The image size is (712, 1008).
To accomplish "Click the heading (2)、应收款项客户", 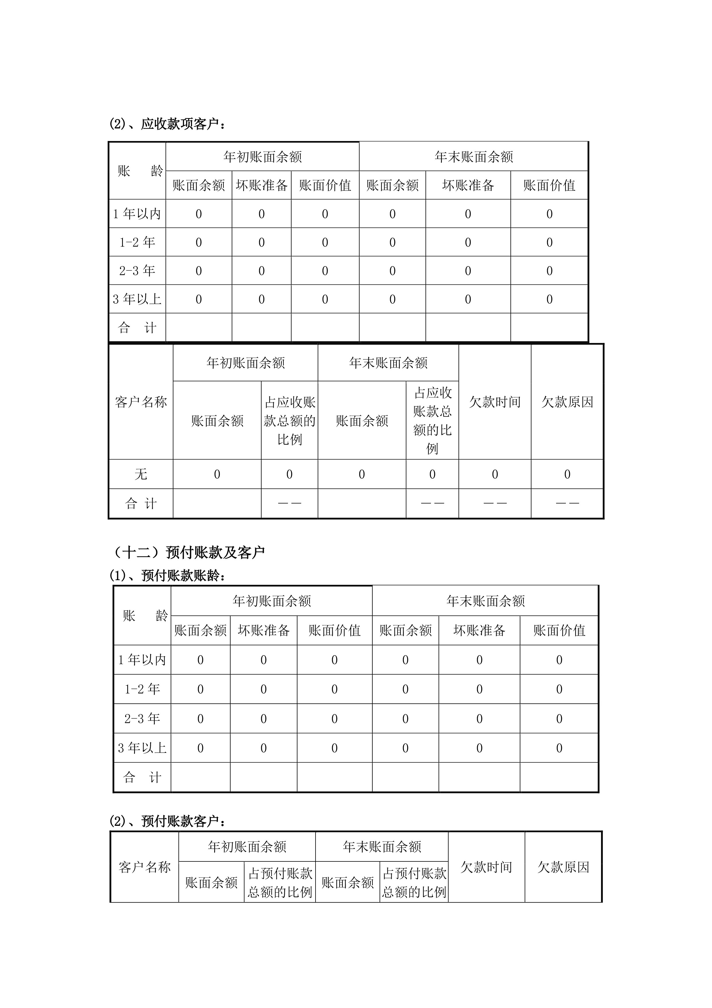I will click(x=168, y=124).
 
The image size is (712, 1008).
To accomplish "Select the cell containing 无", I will click(x=141, y=474).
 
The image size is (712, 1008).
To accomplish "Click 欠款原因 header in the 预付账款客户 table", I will click(x=563, y=867).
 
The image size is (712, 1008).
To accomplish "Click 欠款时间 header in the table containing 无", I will click(x=495, y=402).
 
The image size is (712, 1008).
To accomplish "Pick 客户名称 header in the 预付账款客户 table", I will click(x=144, y=867).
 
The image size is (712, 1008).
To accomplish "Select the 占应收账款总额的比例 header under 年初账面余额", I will click(x=290, y=421).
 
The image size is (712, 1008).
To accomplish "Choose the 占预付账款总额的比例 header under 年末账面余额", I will click(x=414, y=882).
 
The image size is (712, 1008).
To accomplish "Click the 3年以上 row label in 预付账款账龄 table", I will click(x=142, y=748).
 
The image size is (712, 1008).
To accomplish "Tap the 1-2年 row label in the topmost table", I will click(x=137, y=242).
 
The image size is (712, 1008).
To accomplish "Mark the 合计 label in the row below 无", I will click(x=141, y=503).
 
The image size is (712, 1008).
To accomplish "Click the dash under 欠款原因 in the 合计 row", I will click(x=567, y=503).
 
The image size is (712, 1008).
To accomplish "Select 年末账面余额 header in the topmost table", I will click(x=474, y=157).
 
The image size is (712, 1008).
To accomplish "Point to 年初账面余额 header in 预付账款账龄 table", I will click(x=272, y=601).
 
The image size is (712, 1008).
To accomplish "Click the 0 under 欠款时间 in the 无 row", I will click(x=495, y=474).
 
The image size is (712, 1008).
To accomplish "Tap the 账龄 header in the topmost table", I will click(x=137, y=171).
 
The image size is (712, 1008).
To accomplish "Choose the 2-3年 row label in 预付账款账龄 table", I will click(x=142, y=718).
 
